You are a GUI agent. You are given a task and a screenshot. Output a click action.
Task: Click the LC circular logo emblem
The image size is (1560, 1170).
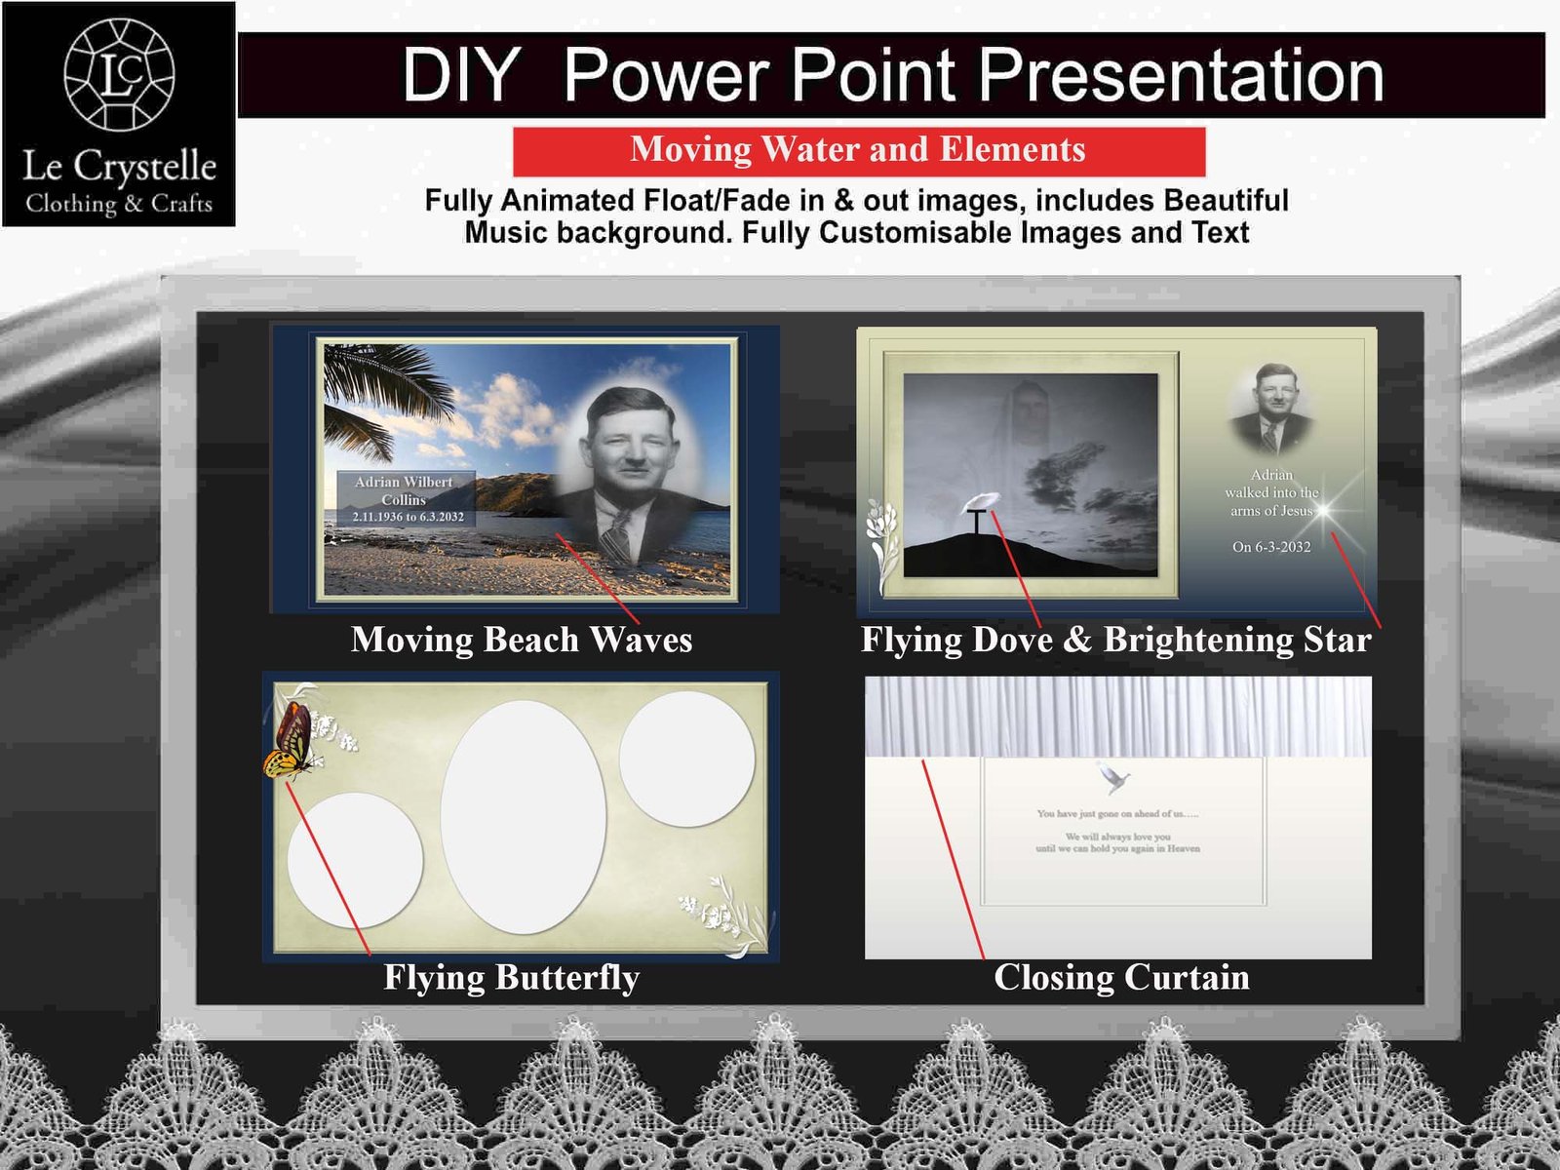point(119,75)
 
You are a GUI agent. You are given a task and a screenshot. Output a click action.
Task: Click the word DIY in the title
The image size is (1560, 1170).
point(460,75)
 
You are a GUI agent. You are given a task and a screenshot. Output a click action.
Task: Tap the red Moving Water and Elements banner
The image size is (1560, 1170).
point(858,150)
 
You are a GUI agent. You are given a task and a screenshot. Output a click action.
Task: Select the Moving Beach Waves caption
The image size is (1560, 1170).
point(522,640)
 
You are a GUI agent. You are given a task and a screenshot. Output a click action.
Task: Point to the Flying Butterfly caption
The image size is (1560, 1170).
point(511,977)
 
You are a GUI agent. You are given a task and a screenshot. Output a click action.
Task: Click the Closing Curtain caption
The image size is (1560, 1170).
point(1121,977)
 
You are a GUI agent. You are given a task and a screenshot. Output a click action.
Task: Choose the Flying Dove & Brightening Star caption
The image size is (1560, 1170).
point(1115,640)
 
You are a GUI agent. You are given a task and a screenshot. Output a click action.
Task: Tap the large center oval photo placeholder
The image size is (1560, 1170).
point(524,817)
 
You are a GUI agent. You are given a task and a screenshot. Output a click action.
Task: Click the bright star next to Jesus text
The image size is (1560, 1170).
point(1324,509)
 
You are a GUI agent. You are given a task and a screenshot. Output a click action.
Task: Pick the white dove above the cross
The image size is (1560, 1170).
point(980,502)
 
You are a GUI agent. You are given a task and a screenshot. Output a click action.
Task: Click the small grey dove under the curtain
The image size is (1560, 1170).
point(1112,778)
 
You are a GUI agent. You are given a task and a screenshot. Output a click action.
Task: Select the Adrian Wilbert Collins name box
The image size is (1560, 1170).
point(406,498)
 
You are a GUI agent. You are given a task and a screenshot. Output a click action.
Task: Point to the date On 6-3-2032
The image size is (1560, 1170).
point(1271,547)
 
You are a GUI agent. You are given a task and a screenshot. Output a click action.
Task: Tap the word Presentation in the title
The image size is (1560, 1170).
point(1180,75)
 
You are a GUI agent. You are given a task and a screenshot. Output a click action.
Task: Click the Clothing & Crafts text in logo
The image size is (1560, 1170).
point(119,204)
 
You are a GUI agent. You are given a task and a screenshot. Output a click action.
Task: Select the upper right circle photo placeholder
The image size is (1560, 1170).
point(686,760)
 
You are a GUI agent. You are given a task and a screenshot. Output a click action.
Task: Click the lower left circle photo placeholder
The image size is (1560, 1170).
point(355,860)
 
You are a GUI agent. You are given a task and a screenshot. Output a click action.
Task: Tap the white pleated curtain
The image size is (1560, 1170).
point(1117,717)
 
